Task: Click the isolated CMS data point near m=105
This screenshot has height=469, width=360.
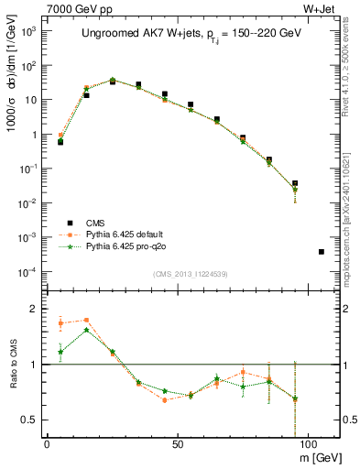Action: point(321,251)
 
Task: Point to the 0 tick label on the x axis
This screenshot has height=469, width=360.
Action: point(47,444)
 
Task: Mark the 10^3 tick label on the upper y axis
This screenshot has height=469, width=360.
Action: point(27,30)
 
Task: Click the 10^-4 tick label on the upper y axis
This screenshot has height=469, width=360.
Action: point(27,272)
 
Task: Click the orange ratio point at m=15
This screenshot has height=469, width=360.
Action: point(86,320)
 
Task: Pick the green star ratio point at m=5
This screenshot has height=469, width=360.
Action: point(60,352)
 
